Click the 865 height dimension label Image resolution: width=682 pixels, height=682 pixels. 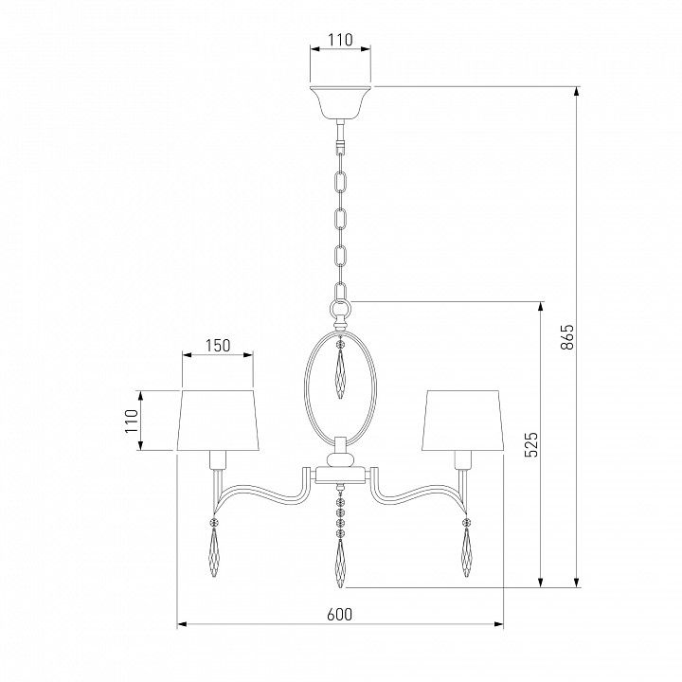567,336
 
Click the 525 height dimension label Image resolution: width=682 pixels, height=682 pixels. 531,444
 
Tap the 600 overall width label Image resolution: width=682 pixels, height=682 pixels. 340,614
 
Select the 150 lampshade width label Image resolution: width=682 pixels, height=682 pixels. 218,346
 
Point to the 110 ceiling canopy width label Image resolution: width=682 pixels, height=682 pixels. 340,40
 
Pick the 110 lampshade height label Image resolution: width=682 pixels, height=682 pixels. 132,421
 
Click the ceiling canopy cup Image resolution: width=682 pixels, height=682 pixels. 340,101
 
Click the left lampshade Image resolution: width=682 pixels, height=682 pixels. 218,421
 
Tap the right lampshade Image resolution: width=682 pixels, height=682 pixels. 462,421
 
